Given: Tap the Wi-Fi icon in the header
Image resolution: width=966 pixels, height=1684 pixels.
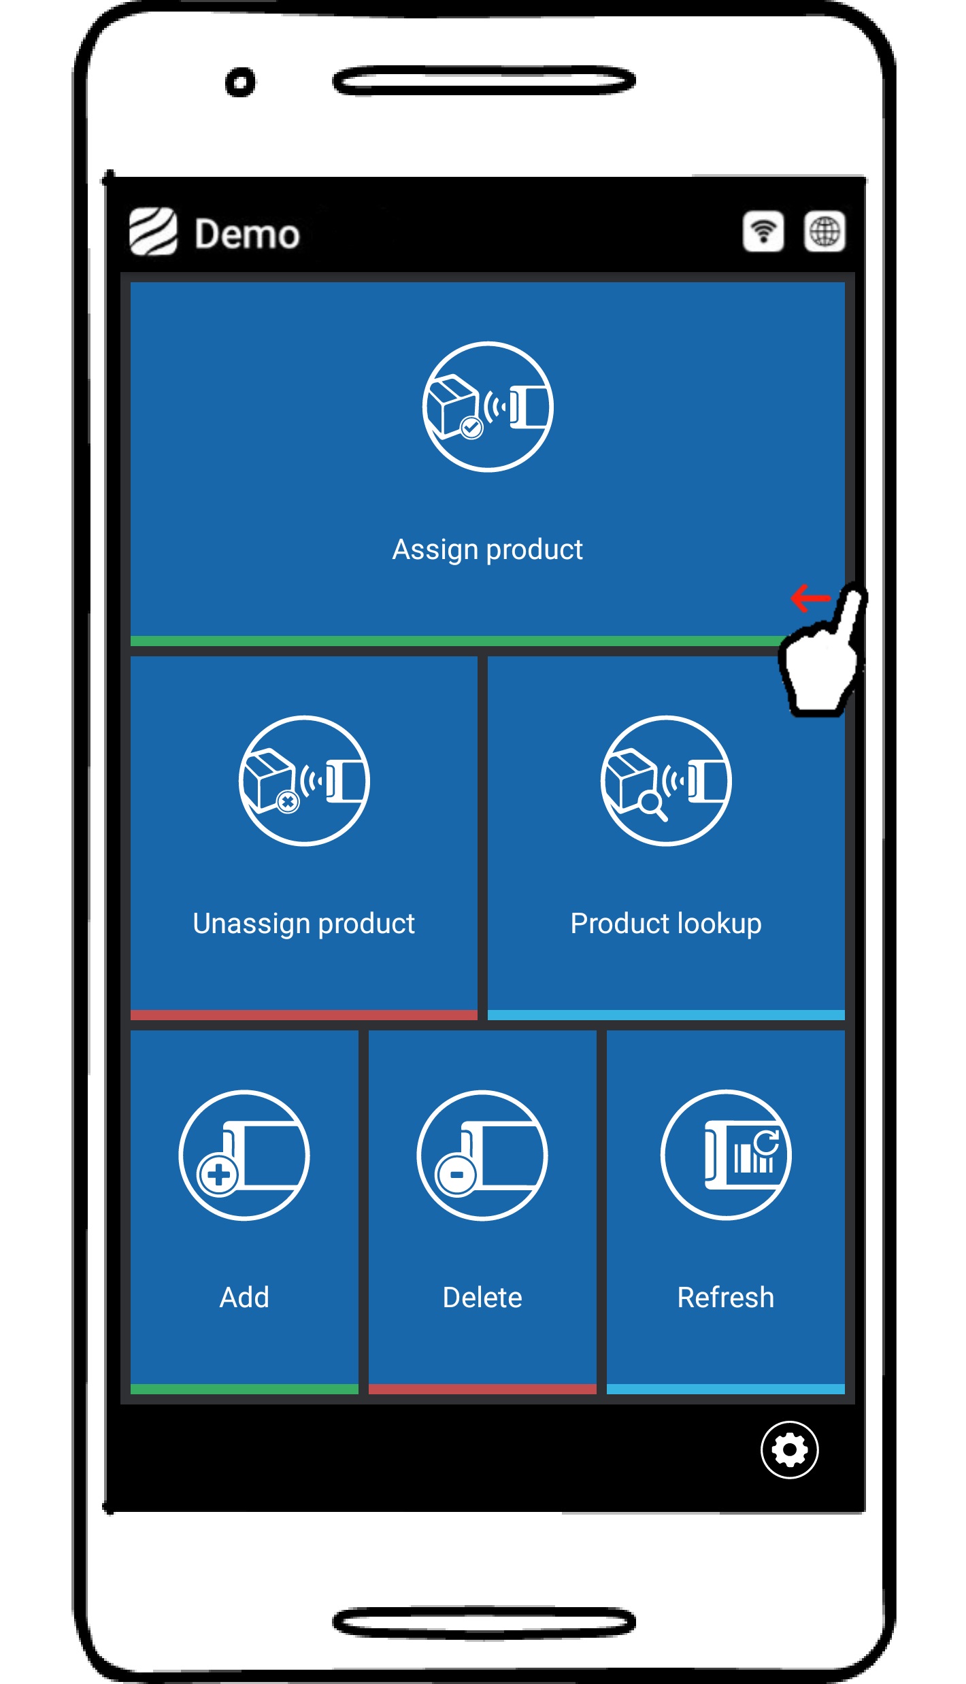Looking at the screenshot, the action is click(x=763, y=232).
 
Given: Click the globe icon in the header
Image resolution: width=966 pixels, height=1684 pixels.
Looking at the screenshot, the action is click(x=825, y=232).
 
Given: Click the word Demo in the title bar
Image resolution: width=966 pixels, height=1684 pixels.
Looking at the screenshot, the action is click(x=247, y=235).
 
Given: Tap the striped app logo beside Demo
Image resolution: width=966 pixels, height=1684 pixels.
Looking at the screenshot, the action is click(x=153, y=232).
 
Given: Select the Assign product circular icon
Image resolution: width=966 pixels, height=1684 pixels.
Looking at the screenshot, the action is click(x=488, y=407).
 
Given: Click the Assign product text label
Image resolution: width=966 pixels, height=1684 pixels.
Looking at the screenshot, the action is click(x=488, y=550).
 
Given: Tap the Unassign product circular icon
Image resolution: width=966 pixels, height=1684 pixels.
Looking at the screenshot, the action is click(x=304, y=781).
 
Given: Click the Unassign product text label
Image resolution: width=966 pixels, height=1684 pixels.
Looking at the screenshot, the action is click(x=304, y=924).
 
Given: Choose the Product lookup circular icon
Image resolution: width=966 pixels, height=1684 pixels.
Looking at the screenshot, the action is click(x=666, y=781).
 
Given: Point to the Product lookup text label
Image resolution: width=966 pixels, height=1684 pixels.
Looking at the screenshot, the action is click(x=666, y=924).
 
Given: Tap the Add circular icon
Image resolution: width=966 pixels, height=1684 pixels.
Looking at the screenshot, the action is click(x=244, y=1155).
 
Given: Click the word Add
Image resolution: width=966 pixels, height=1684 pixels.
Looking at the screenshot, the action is click(x=244, y=1298).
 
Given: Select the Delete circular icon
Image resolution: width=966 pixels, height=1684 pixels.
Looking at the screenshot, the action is click(x=482, y=1155).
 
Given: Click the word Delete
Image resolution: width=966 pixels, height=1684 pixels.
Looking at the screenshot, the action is click(x=482, y=1298).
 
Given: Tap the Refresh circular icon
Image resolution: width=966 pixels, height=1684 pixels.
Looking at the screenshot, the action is click(x=726, y=1155).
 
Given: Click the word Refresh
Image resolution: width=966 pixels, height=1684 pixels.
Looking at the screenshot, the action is click(x=726, y=1298).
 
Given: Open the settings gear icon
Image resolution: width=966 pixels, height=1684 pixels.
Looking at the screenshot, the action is click(x=789, y=1450).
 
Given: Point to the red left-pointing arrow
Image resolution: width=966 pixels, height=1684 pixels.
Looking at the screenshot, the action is click(x=810, y=599).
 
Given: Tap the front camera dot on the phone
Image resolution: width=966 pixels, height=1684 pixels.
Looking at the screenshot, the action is click(x=240, y=83).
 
